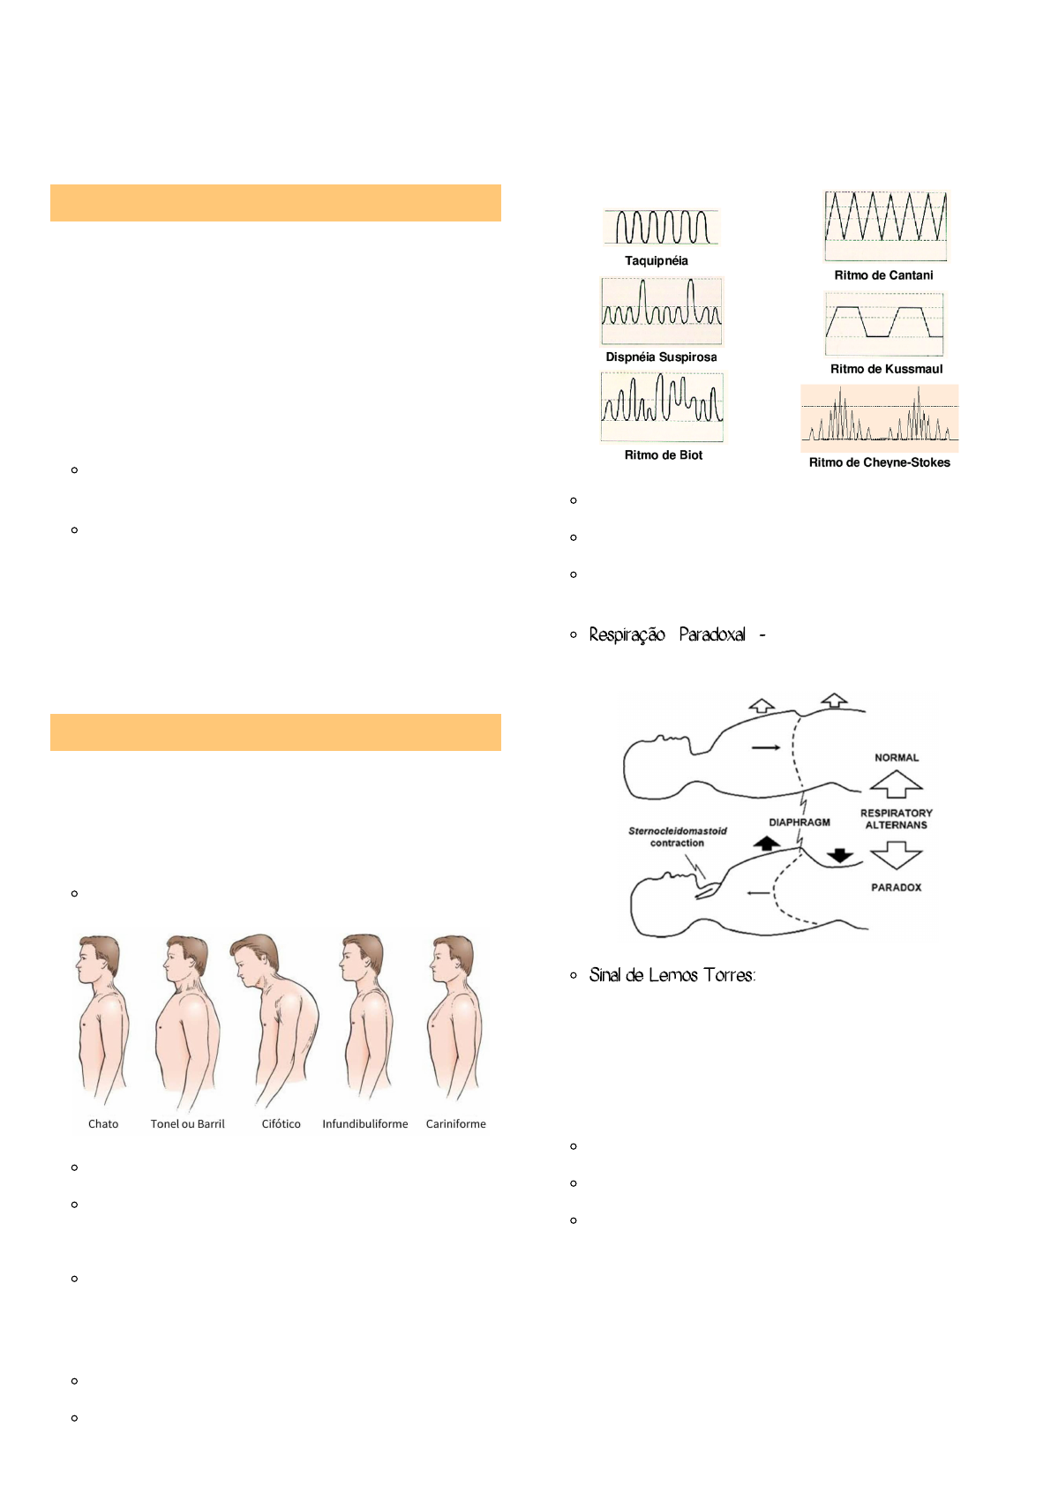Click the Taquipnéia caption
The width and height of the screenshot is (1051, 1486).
[x=656, y=261]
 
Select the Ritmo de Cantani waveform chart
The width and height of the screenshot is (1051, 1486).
[x=885, y=225]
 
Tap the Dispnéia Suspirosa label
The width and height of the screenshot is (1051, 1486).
[x=661, y=357]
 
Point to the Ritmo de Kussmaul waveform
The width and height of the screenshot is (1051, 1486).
[x=884, y=324]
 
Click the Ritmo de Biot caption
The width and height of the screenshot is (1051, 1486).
[x=664, y=455]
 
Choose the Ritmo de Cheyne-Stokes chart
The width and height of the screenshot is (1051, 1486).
[x=879, y=418]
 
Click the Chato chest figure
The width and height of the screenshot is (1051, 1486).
[x=101, y=1019]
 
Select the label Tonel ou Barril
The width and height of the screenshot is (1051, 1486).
[x=187, y=1124]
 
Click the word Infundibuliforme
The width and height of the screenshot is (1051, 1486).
[x=364, y=1124]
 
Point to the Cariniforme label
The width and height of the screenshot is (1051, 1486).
[x=455, y=1124]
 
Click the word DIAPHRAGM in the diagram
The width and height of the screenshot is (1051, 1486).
[x=799, y=822]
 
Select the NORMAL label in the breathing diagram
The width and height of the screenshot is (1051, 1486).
[x=897, y=758]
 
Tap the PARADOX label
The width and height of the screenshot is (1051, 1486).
[x=896, y=888]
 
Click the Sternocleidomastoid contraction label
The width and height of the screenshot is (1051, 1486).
[x=678, y=837]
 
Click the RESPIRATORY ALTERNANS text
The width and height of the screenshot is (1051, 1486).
[x=897, y=819]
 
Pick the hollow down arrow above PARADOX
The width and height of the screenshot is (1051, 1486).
[x=896, y=855]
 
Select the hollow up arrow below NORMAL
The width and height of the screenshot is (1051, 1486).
[x=896, y=784]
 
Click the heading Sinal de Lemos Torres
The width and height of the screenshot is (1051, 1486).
[x=672, y=975]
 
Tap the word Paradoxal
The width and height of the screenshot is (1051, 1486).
[x=712, y=634]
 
